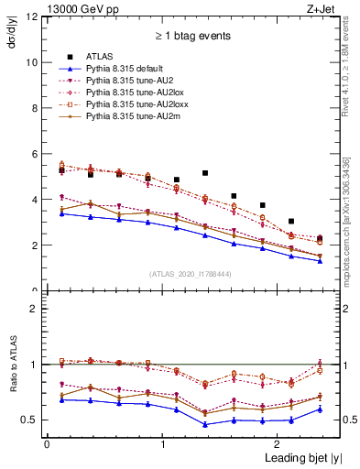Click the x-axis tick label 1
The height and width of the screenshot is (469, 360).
click(x=162, y=443)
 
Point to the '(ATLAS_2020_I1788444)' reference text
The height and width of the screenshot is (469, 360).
click(x=189, y=273)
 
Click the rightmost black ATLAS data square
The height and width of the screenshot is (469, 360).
click(x=319, y=239)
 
